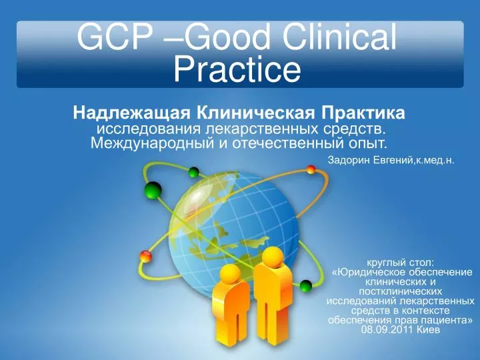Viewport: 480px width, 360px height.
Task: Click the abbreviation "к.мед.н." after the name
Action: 437,161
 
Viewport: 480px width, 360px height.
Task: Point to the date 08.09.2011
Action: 387,329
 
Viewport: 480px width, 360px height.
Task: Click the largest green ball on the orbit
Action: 153,191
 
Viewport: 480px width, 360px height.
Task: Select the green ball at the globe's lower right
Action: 305,286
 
